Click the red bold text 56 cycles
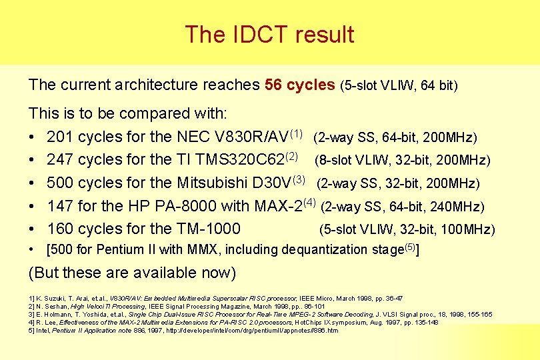pyautogui.click(x=299, y=85)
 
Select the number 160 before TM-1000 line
pyautogui.click(x=60, y=229)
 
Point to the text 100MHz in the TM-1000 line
pyautogui.click(x=469, y=230)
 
